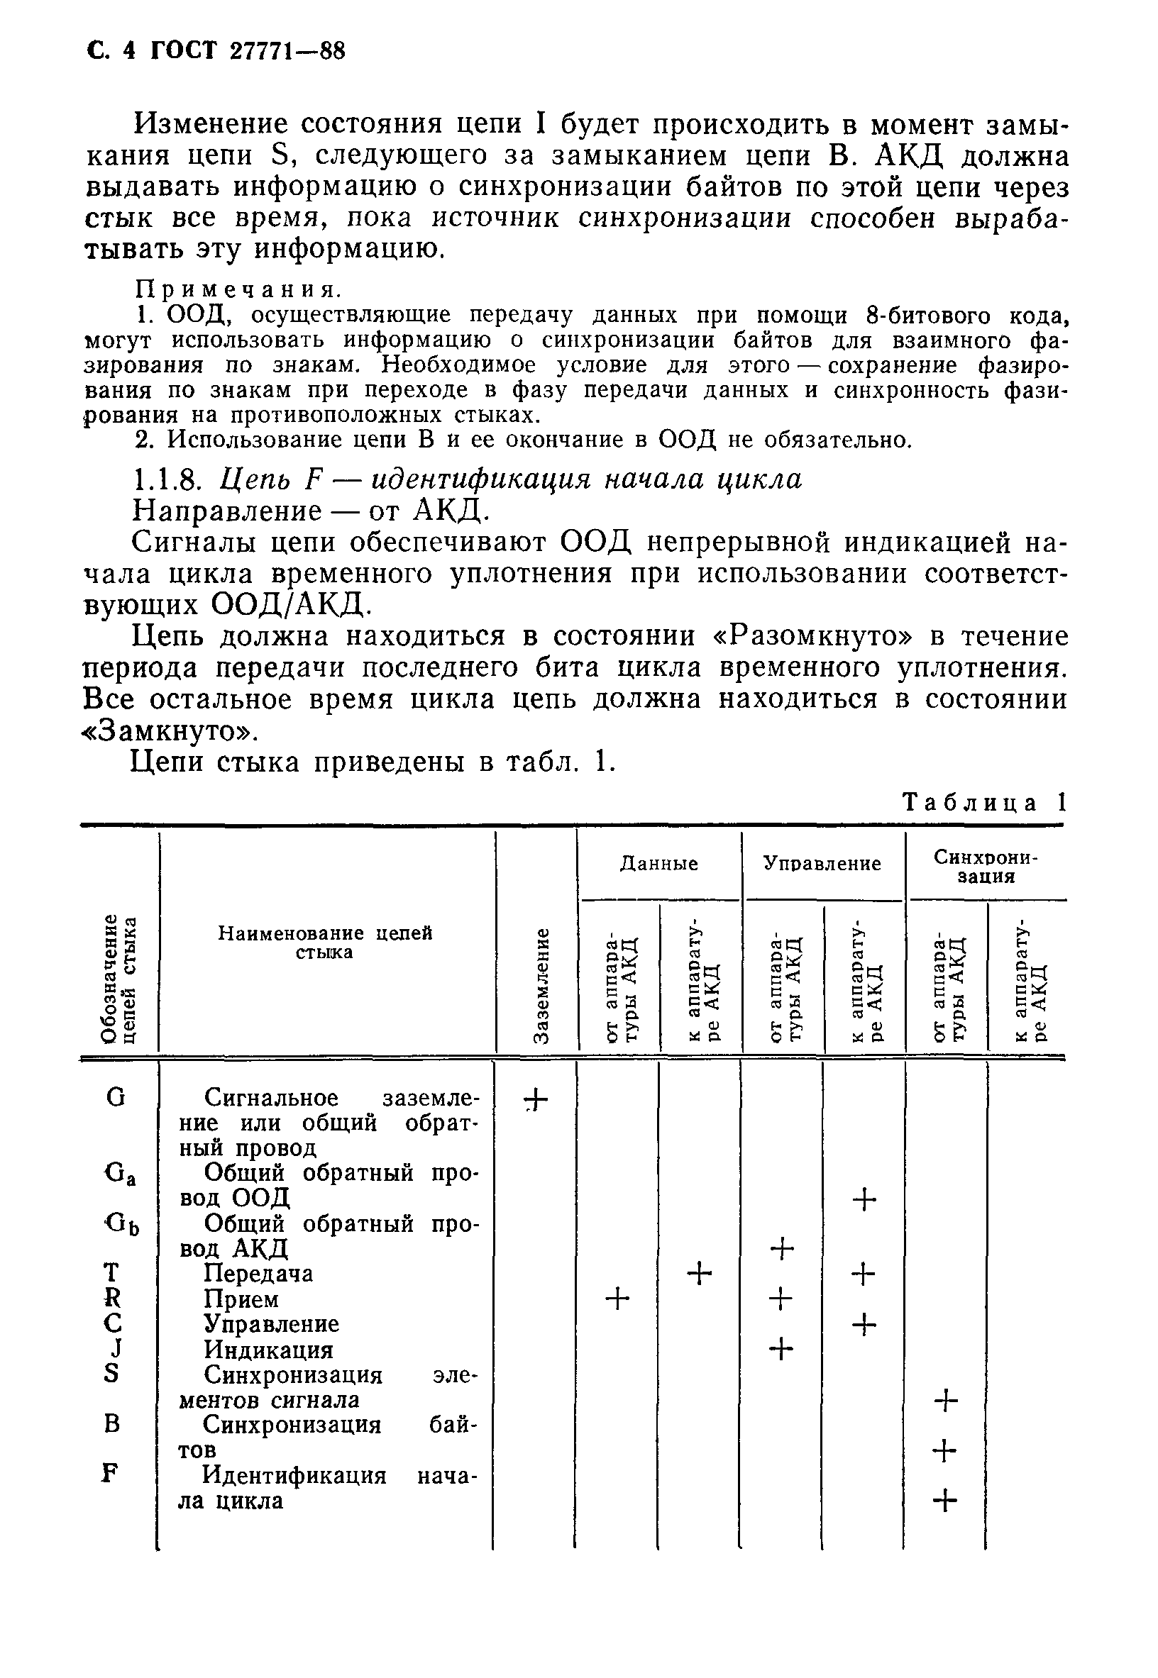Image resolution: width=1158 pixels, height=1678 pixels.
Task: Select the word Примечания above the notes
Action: coord(238,290)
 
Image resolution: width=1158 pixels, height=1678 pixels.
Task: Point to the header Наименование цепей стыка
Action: coord(325,942)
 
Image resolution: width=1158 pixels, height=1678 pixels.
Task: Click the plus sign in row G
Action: coord(536,1101)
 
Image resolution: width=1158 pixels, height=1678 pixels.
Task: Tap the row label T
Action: coord(111,1272)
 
